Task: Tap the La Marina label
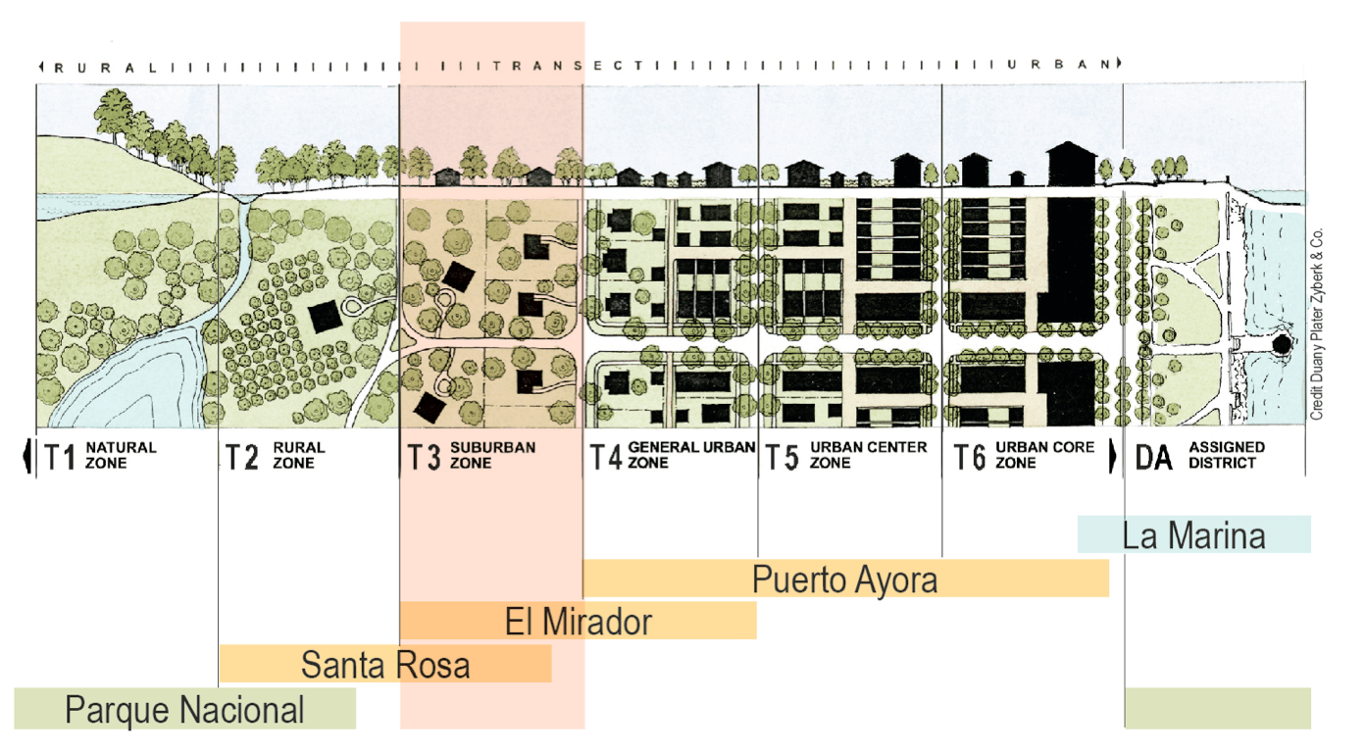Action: tap(1193, 535)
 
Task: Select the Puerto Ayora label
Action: tap(844, 579)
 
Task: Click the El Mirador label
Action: tap(579, 621)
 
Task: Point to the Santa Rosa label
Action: tap(384, 665)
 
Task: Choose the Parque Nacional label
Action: tap(184, 709)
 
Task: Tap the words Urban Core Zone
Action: tap(1031, 455)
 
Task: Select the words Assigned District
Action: tap(1226, 455)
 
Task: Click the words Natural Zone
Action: tap(121, 455)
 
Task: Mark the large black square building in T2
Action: tap(325, 318)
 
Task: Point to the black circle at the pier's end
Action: tap(1280, 345)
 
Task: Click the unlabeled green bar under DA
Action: tap(1217, 708)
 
